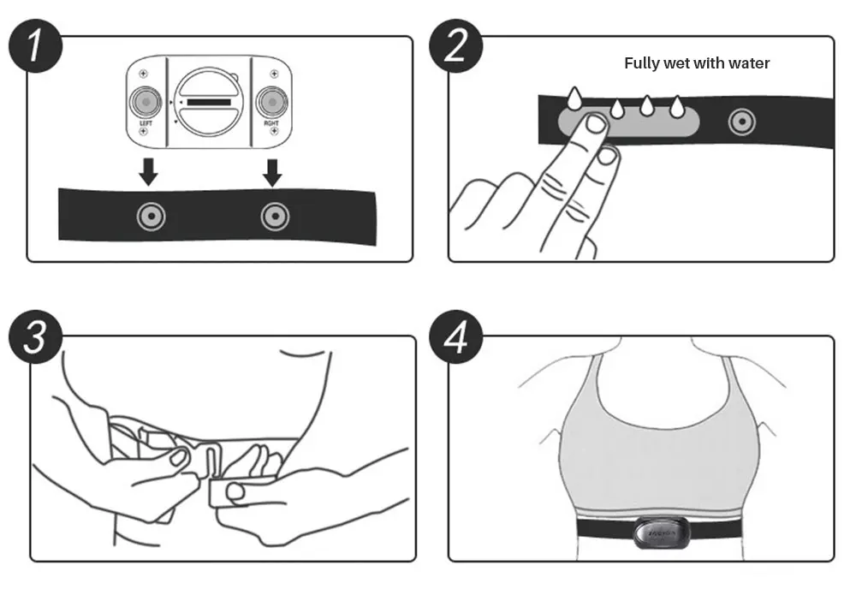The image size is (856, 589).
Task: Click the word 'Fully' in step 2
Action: click(643, 63)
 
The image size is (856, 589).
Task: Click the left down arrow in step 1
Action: click(149, 172)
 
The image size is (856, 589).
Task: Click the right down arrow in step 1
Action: click(272, 172)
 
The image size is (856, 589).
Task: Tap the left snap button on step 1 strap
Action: click(151, 217)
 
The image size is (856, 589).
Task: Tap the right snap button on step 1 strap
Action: click(274, 217)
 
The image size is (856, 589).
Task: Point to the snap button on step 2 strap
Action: click(741, 122)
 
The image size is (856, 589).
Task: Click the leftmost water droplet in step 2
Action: click(572, 97)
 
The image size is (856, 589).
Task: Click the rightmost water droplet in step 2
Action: click(676, 106)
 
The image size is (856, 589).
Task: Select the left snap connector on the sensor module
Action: click(146, 102)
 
